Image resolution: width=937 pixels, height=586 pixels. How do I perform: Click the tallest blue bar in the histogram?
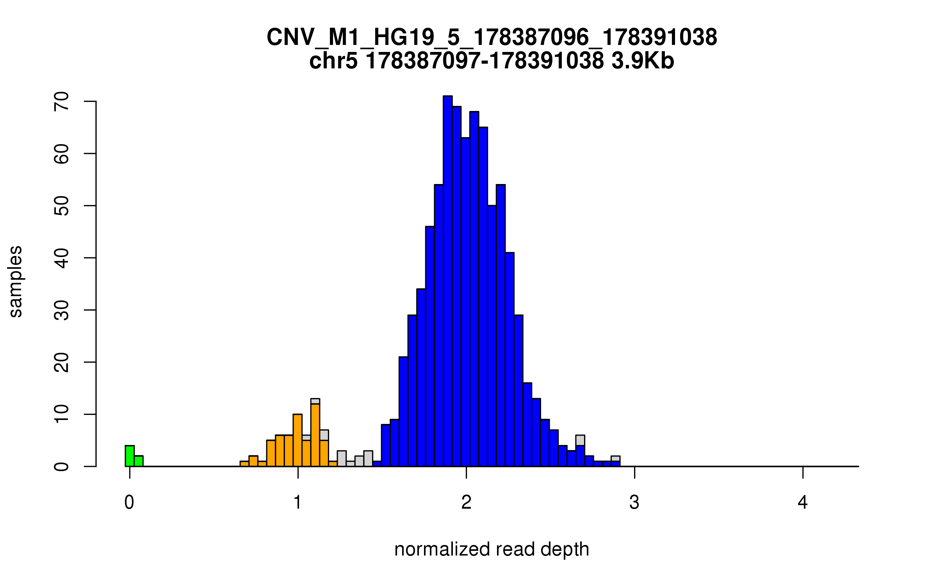pyautogui.click(x=447, y=281)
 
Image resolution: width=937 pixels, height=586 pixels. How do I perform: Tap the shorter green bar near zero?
pyautogui.click(x=139, y=461)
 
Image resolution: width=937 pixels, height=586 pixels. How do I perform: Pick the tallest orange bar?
pyautogui.click(x=315, y=436)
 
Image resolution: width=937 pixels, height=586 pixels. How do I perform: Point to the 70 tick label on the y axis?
pyautogui.click(x=62, y=102)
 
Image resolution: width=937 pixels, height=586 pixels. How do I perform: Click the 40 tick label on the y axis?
pyautogui.click(x=62, y=258)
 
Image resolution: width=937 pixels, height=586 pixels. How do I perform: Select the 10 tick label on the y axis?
pyautogui.click(x=62, y=414)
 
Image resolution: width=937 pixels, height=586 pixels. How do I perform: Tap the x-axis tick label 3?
pyautogui.click(x=634, y=502)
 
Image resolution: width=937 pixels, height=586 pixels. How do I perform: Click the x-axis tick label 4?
pyautogui.click(x=803, y=502)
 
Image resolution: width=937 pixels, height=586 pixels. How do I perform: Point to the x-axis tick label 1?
pyautogui.click(x=298, y=502)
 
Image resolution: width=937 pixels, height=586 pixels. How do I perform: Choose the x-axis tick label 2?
pyautogui.click(x=466, y=502)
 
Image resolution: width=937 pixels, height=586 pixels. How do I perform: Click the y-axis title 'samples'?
pyautogui.click(x=16, y=281)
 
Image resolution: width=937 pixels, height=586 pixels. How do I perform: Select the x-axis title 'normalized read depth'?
pyautogui.click(x=492, y=549)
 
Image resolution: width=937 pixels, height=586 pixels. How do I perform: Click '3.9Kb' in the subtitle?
pyautogui.click(x=643, y=61)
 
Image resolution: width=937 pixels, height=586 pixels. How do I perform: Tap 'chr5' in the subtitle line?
pyautogui.click(x=333, y=61)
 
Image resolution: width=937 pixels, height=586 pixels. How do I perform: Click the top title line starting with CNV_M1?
pyautogui.click(x=492, y=38)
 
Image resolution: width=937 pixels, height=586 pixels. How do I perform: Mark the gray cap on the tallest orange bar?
pyautogui.click(x=315, y=401)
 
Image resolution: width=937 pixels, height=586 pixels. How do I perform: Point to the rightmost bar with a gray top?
pyautogui.click(x=615, y=459)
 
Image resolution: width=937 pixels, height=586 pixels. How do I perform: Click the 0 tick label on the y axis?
pyautogui.click(x=62, y=466)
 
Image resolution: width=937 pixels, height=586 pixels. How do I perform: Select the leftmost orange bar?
pyautogui.click(x=244, y=464)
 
